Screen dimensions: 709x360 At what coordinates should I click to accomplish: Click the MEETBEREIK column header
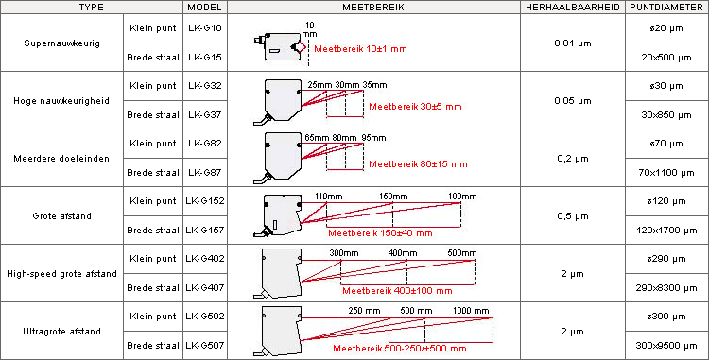coord(373,8)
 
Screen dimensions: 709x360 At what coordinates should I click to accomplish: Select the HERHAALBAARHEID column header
coord(573,8)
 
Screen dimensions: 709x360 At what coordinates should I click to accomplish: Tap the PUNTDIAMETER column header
coord(667,8)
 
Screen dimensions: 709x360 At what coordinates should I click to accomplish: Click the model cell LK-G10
coord(205,28)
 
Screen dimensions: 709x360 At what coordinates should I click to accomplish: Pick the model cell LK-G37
coord(205,114)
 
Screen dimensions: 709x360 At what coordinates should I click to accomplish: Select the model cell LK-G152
coord(205,201)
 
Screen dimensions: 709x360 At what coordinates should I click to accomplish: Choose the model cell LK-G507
coord(205,346)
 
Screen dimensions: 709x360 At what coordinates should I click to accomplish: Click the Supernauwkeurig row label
coord(62,43)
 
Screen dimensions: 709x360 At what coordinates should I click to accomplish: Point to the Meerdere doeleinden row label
coord(62,159)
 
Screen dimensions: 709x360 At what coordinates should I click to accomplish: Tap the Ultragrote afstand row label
coord(62,332)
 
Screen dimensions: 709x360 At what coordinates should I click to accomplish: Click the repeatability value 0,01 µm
coord(573,43)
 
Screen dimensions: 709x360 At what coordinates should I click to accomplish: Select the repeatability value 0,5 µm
coord(573,216)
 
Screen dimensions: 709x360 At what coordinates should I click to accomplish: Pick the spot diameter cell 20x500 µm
coord(667,58)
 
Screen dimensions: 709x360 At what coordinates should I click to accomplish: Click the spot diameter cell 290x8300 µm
coord(667,288)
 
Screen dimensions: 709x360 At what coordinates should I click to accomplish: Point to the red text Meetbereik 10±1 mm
coord(360,49)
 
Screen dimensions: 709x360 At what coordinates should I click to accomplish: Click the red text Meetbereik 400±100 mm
coord(397,290)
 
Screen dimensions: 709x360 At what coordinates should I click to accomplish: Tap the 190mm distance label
coord(462,197)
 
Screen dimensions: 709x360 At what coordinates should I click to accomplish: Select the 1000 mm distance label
coord(471,311)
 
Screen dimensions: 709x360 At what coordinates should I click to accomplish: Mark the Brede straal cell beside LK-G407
coord(153,288)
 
